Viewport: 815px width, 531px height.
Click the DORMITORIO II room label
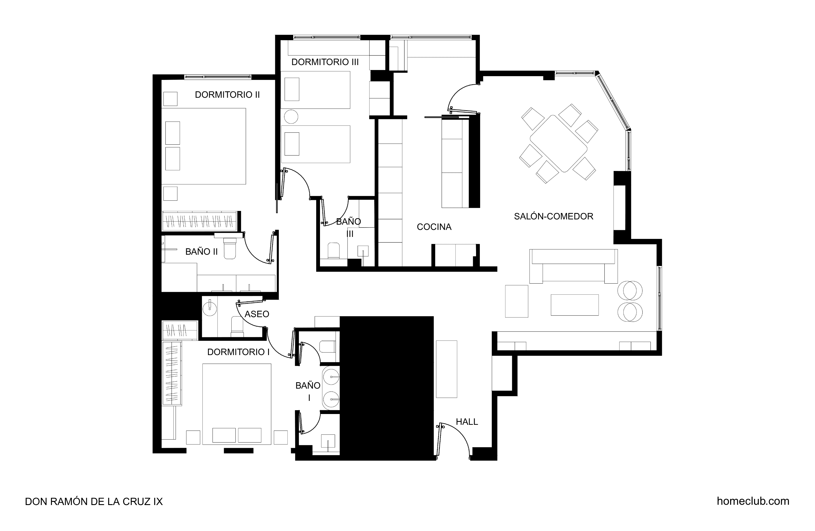click(x=228, y=95)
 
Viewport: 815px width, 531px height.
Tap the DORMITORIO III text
click(x=325, y=62)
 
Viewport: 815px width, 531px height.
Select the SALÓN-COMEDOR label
click(x=554, y=216)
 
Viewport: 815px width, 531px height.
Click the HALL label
click(x=467, y=422)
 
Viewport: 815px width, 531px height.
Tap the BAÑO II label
click(x=201, y=251)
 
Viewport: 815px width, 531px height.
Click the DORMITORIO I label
click(x=238, y=352)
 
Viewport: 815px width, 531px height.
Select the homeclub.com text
click(x=753, y=501)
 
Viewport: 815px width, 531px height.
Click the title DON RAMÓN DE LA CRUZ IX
click(x=94, y=502)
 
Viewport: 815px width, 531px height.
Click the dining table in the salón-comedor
click(x=559, y=144)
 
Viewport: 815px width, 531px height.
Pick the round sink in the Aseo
click(x=209, y=308)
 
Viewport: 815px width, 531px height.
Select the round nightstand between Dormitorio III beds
click(x=291, y=116)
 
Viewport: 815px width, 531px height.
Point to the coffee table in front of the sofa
click(x=575, y=305)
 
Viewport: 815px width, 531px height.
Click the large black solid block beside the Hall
click(x=386, y=387)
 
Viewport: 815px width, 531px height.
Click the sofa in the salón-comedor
click(x=573, y=266)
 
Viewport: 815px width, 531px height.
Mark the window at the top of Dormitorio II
click(x=218, y=77)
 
